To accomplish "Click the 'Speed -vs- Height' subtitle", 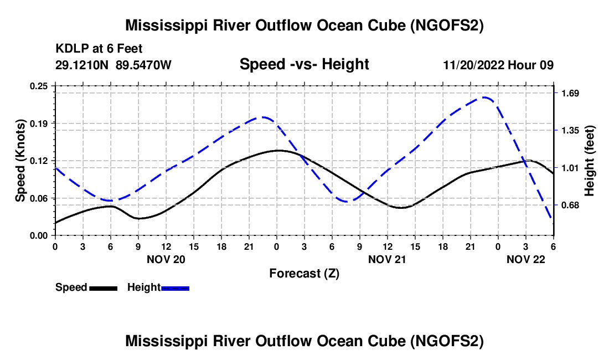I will (x=304, y=64).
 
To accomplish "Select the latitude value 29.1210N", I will (x=82, y=65).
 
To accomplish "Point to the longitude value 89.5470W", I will (x=144, y=65).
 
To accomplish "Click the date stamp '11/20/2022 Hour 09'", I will (x=498, y=65).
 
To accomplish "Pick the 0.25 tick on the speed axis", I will (x=39, y=86).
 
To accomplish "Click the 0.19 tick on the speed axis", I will (x=39, y=123).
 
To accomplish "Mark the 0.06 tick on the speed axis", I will (x=39, y=198).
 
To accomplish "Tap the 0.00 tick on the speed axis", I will (x=39, y=235).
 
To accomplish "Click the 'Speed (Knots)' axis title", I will (x=20, y=161).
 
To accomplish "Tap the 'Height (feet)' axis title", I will (x=589, y=161).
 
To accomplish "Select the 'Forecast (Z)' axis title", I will (x=304, y=273).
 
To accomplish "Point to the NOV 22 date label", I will (x=526, y=259).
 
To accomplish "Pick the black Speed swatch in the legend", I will (x=103, y=287).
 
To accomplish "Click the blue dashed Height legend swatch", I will (x=175, y=287).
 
